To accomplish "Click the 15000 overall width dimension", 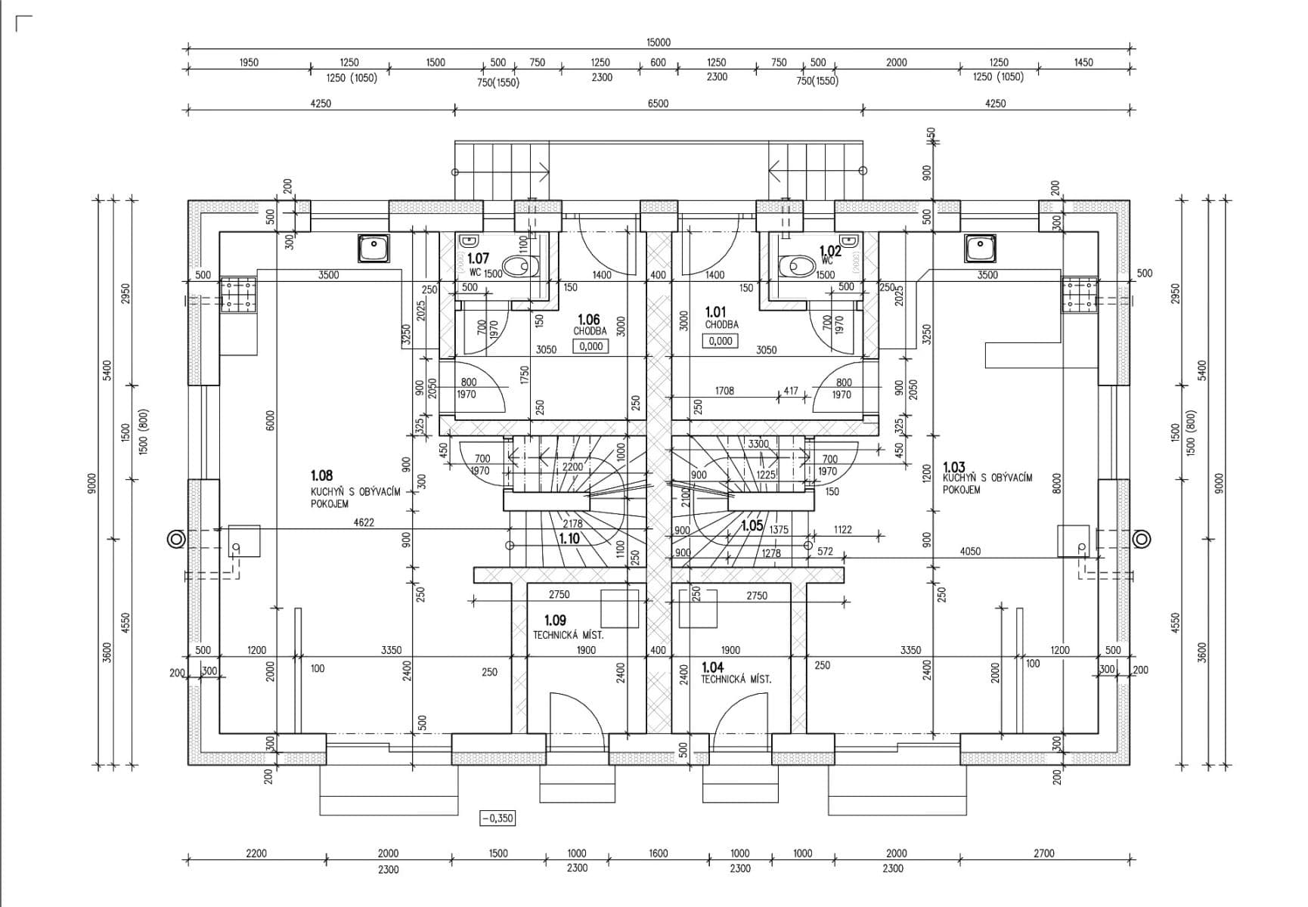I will point(658,42).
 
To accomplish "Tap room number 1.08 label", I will point(321,475).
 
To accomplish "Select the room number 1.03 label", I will point(954,468).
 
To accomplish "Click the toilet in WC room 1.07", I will point(519,265).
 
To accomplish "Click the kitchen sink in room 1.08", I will point(373,248).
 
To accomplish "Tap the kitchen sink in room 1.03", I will point(979,248).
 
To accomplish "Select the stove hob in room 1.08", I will point(238,294).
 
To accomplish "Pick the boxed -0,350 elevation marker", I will point(497,818).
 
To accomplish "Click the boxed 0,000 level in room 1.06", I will point(590,346).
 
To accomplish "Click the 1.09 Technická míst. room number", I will point(555,621).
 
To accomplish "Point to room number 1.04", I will point(712,667).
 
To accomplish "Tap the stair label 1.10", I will point(569,539).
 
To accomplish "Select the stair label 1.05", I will point(752,525).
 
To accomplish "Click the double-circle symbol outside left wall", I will point(176,539).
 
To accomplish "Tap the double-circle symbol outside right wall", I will point(1142,539).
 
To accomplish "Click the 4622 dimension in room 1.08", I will point(364,522).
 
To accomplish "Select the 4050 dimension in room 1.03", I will point(970,551).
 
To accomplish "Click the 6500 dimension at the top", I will point(658,104).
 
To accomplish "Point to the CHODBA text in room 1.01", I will point(721,324).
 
